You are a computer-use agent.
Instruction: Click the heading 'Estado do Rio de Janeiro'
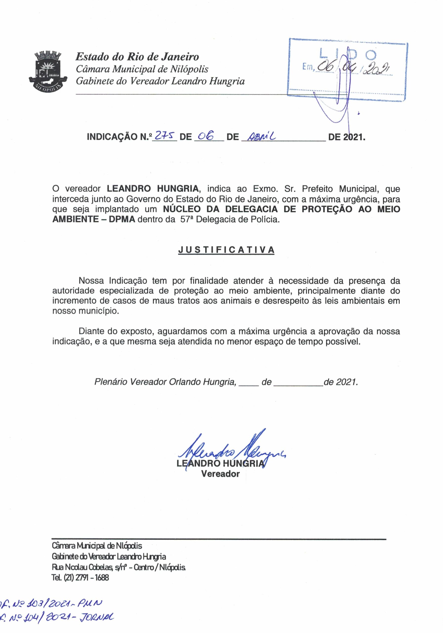coord(137,57)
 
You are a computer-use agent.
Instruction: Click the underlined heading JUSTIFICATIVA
coord(226,250)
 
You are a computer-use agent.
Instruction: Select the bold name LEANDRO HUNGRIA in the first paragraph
coord(153,189)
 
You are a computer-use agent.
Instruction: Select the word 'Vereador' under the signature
coord(220,474)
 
